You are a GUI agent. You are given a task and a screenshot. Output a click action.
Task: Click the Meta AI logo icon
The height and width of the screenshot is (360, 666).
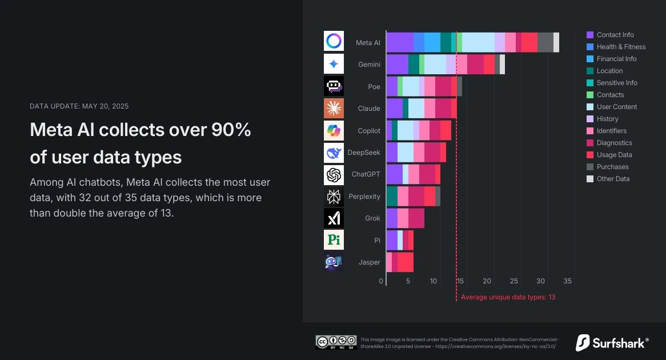(334, 41)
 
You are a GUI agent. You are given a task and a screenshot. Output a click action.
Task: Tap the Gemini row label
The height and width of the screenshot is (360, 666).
(369, 65)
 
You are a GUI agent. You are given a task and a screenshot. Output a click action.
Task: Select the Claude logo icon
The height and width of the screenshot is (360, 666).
(334, 108)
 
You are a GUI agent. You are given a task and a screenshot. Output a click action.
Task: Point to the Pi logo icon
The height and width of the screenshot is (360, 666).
(334, 240)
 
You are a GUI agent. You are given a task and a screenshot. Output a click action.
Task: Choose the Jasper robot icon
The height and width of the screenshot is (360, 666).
(334, 262)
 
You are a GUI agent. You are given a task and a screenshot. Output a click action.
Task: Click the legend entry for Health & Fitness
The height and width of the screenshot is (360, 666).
(621, 47)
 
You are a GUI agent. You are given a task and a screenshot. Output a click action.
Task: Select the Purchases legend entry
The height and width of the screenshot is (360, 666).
(612, 167)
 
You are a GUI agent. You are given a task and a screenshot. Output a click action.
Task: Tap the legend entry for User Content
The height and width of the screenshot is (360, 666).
(616, 107)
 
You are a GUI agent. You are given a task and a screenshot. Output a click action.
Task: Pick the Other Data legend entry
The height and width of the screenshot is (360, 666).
(613, 179)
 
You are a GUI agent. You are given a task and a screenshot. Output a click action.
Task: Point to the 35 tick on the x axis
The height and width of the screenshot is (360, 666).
(567, 281)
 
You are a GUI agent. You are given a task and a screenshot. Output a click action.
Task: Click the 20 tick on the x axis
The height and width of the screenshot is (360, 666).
(487, 281)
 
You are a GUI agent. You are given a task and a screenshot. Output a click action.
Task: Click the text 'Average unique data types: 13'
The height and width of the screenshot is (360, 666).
(508, 297)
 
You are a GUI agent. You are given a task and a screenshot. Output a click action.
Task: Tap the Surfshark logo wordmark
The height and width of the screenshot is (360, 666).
(612, 343)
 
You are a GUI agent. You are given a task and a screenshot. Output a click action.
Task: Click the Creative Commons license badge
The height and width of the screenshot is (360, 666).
(336, 342)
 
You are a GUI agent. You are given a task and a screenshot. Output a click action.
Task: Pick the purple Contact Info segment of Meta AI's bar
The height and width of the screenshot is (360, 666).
(400, 42)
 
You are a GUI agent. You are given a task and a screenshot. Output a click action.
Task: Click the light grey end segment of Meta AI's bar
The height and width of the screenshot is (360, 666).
(556, 42)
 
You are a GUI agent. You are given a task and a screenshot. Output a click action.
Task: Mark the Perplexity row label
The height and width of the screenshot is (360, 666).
(364, 197)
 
